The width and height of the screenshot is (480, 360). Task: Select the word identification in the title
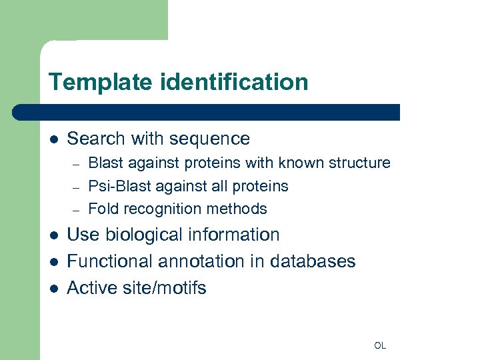click(234, 83)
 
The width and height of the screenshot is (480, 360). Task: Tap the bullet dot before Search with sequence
click(54, 139)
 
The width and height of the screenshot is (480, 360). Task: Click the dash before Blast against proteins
click(77, 163)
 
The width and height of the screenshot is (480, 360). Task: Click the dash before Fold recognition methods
click(77, 209)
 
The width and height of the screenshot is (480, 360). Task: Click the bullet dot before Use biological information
click(54, 235)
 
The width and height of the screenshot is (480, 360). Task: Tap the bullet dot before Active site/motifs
click(54, 288)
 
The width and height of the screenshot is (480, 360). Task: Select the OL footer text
click(380, 345)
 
